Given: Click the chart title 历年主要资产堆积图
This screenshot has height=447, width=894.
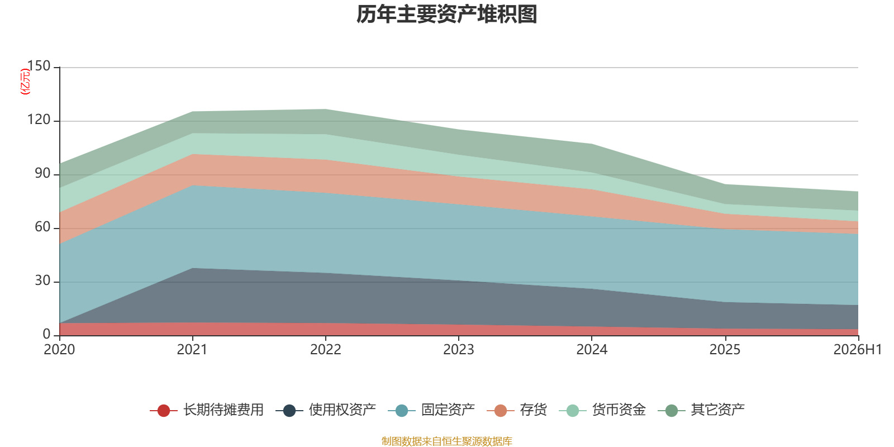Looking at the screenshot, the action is [x=446, y=15].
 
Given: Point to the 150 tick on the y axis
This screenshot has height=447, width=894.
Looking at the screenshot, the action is [x=39, y=66].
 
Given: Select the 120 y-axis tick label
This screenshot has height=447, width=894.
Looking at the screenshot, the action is [x=39, y=120].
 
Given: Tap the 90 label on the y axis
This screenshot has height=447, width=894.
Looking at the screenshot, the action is [x=42, y=174].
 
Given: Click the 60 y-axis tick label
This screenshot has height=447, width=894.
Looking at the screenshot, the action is [x=42, y=227].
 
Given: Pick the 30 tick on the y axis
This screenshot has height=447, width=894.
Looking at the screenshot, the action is [x=42, y=281].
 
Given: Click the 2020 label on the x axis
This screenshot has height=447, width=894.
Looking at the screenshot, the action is [x=59, y=350].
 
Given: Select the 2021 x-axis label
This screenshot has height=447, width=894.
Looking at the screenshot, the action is [x=192, y=350].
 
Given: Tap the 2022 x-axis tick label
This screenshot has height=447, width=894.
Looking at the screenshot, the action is [x=326, y=350].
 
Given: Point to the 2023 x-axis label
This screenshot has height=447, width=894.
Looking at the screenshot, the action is [x=459, y=350].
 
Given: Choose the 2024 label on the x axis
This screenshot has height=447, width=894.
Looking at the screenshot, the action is [x=592, y=350].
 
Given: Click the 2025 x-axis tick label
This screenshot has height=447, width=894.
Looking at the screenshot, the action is [x=725, y=350].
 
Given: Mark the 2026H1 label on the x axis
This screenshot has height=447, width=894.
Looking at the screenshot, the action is [x=858, y=350].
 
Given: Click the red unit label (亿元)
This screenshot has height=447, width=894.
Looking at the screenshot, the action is [x=25, y=82].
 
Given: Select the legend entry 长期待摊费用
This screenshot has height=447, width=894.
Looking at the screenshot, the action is [x=207, y=410].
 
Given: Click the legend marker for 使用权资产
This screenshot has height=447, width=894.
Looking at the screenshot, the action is [x=289, y=410].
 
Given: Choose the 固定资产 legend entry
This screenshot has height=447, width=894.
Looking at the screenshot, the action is [x=431, y=410].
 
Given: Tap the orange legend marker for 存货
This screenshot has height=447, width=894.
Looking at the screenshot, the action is [x=501, y=410].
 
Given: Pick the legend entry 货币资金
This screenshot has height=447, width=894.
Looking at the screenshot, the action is [x=602, y=410].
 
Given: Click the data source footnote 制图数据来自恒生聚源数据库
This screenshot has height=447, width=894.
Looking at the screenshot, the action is [x=446, y=441].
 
